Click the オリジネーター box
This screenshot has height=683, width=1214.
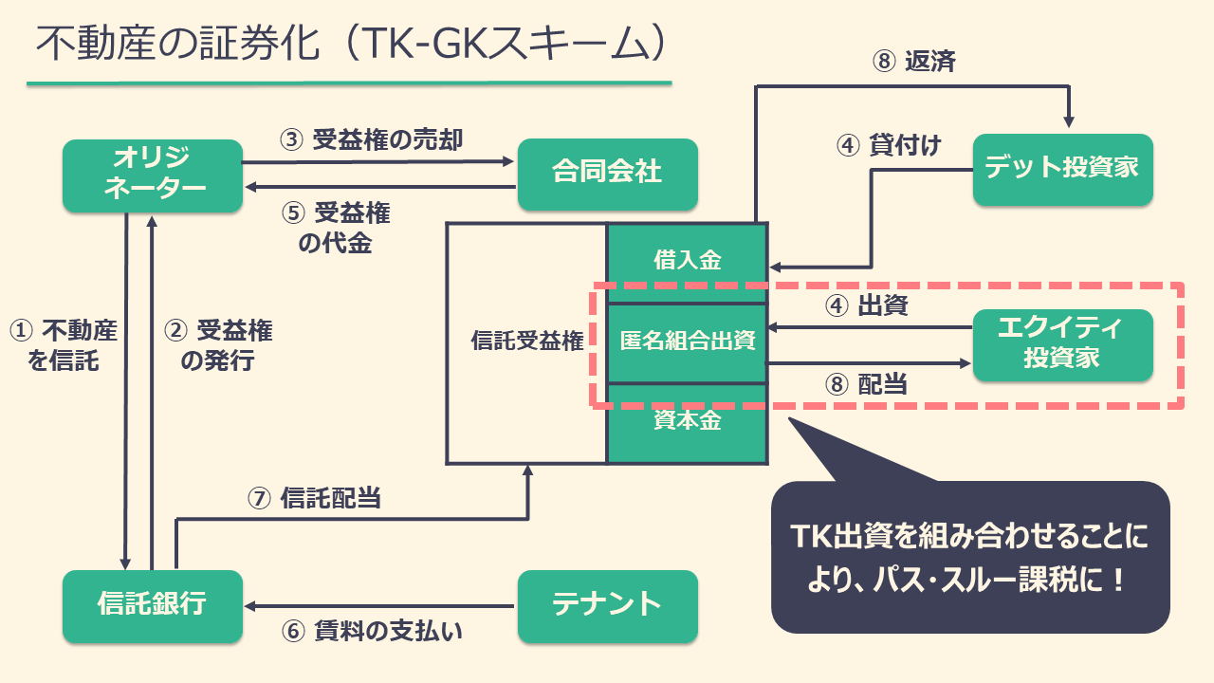point(153,175)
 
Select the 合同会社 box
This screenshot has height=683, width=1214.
point(607,173)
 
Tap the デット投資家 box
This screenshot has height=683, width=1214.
point(1062,170)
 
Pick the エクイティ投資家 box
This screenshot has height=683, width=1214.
point(1062,344)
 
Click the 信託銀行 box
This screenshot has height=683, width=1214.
point(153,605)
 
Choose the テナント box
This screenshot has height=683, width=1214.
point(607,604)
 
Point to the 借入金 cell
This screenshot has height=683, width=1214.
point(688,260)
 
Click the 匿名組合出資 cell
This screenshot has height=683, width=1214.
point(688,341)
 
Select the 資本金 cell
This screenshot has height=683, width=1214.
point(688,422)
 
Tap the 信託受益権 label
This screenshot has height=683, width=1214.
point(527,342)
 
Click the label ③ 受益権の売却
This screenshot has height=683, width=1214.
point(372,140)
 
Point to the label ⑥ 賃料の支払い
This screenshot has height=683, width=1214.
point(372,632)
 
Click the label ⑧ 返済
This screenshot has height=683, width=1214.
point(913,63)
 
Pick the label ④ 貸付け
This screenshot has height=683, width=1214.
point(889,145)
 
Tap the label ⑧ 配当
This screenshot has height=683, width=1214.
point(866,385)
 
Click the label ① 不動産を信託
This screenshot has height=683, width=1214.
point(63,345)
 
